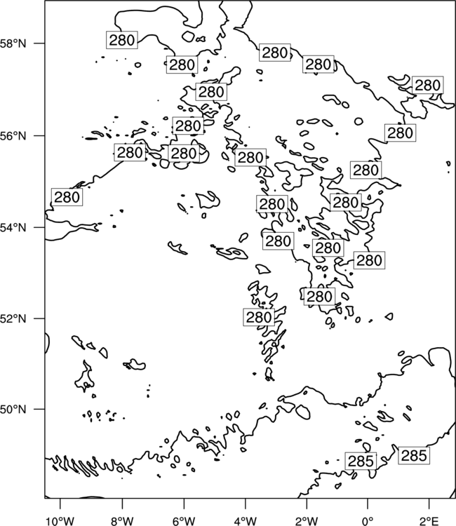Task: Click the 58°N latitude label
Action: click(x=13, y=43)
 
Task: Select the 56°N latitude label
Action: click(x=13, y=136)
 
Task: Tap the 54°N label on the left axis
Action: click(x=13, y=228)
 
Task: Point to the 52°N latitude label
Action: click(x=13, y=318)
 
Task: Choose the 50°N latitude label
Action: click(x=13, y=410)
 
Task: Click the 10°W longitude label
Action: click(x=60, y=521)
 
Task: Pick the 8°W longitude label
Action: click(x=122, y=521)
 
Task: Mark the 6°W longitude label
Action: click(x=184, y=521)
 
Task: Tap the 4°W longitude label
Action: click(x=246, y=521)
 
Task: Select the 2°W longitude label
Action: click(x=307, y=521)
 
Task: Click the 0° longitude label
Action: click(x=368, y=521)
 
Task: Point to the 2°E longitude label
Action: click(x=429, y=521)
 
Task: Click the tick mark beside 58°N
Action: click(x=39, y=43)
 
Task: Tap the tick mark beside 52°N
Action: click(x=39, y=318)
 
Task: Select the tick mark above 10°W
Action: click(x=60, y=504)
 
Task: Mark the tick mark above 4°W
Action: click(x=246, y=504)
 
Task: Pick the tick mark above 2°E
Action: click(x=429, y=504)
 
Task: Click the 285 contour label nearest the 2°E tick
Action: click(x=414, y=456)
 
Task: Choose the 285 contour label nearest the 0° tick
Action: click(x=361, y=461)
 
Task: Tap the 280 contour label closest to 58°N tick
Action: click(x=122, y=40)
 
